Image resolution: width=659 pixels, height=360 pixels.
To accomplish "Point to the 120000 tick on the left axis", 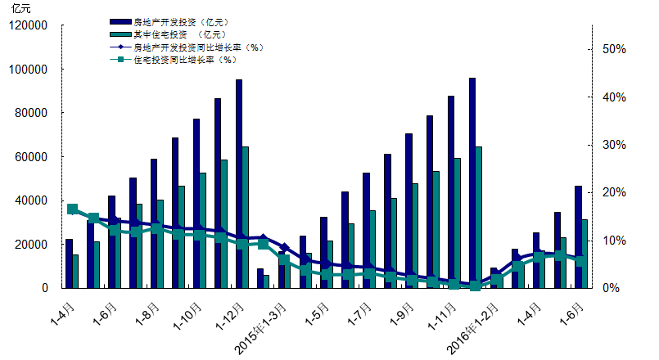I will click(x=29, y=26).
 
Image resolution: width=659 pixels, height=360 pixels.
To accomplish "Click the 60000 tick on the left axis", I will click(x=33, y=157).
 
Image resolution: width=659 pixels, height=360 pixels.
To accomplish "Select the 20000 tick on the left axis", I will click(x=33, y=245).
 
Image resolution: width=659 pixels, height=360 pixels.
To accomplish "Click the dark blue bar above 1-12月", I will click(x=239, y=183).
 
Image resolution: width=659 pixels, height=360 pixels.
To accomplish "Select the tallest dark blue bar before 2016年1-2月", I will click(x=472, y=183).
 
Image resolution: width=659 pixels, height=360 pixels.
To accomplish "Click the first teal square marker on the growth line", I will click(x=72, y=209).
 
